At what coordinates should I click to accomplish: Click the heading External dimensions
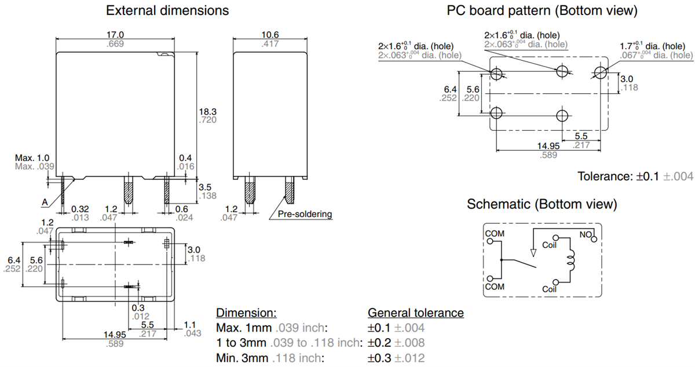click(x=167, y=10)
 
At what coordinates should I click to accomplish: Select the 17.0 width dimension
click(x=116, y=35)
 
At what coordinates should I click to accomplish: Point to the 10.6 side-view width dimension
click(x=270, y=35)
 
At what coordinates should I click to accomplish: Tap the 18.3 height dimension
click(x=207, y=111)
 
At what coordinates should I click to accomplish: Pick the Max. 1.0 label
click(x=32, y=157)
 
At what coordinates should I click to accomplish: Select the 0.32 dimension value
click(x=80, y=208)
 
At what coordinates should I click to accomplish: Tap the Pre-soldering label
click(x=305, y=214)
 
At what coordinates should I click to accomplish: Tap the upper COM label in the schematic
click(x=495, y=234)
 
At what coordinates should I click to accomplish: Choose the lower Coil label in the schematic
click(x=550, y=288)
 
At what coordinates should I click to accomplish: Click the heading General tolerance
click(x=415, y=313)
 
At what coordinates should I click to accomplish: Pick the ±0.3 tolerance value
click(x=380, y=358)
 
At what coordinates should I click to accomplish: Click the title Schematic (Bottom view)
click(x=542, y=204)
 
